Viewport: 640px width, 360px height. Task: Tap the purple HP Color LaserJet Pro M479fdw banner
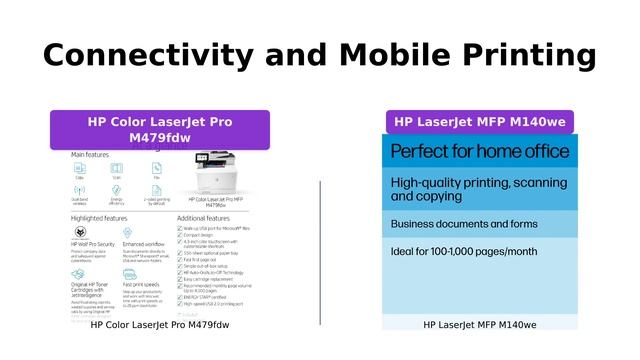click(x=160, y=130)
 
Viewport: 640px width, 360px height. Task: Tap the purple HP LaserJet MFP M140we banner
click(x=480, y=122)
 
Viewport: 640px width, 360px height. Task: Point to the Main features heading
click(x=90, y=155)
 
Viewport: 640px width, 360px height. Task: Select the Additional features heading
click(x=203, y=217)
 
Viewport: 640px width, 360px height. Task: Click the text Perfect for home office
click(x=480, y=152)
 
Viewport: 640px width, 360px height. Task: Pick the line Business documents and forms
click(x=463, y=223)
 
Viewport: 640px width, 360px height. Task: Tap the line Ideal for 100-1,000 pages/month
click(x=464, y=251)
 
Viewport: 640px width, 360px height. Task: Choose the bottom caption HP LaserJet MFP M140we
click(x=480, y=325)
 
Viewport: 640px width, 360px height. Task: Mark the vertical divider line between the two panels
click(x=320, y=252)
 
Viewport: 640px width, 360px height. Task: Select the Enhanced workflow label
click(x=144, y=243)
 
